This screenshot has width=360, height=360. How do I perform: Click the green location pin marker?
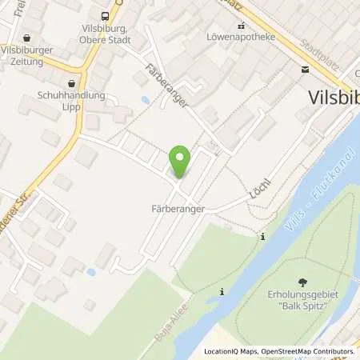(181, 162)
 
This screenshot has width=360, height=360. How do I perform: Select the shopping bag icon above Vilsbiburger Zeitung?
(28, 37)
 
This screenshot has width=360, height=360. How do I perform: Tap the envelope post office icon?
(304, 69)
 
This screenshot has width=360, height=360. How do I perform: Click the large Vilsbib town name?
(333, 97)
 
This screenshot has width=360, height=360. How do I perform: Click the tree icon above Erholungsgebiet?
(302, 282)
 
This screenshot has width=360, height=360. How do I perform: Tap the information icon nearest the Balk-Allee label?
(222, 294)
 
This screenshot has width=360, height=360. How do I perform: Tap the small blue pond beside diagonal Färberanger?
(145, 101)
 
